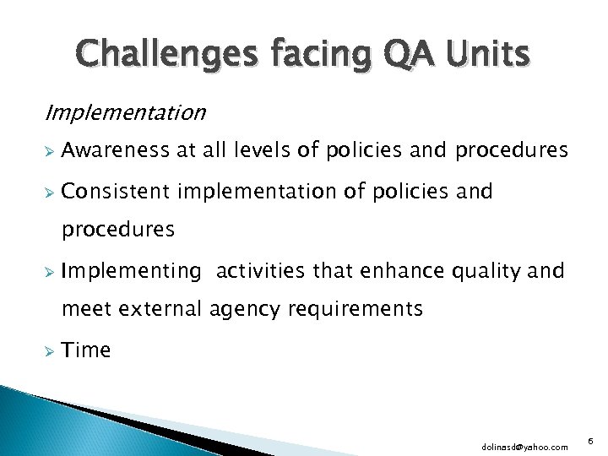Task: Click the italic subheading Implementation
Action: (125, 112)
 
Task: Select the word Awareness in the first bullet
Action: (114, 151)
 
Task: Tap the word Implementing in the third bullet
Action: (132, 272)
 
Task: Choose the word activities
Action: (262, 271)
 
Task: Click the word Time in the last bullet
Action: (86, 350)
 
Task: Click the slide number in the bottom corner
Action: (589, 439)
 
